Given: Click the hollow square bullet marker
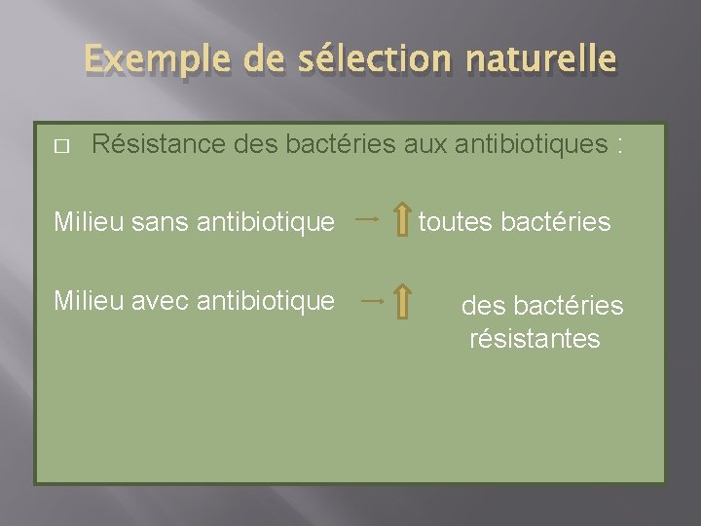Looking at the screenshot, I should pyautogui.click(x=60, y=146).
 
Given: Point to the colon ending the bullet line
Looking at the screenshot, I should pyautogui.click(x=618, y=147).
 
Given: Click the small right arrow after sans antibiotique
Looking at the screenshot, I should pyautogui.click(x=368, y=221).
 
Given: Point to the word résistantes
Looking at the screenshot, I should pyautogui.click(x=535, y=339).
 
